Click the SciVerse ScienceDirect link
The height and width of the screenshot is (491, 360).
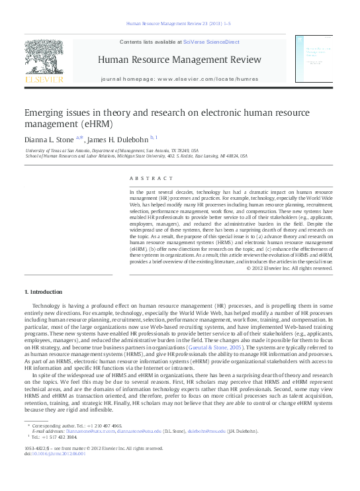point(206,41)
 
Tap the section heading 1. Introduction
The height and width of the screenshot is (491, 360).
point(44,292)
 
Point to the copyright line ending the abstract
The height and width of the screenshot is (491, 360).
point(294,268)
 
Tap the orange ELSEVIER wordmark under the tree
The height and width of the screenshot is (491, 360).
point(44,80)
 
